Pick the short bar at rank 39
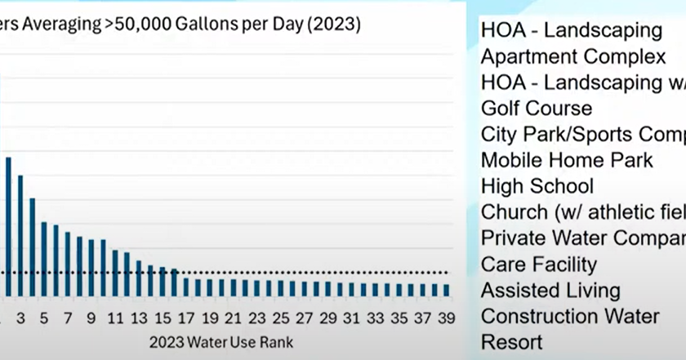[446, 289]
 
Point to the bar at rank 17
[186, 287]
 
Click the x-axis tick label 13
[139, 318]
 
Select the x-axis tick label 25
[281, 318]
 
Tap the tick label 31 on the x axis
[352, 318]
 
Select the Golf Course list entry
[536, 108]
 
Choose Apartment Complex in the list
[572, 56]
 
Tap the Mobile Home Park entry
[566, 160]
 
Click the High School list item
[537, 186]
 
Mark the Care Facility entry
[538, 264]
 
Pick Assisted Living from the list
[550, 291]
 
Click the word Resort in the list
[511, 342]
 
